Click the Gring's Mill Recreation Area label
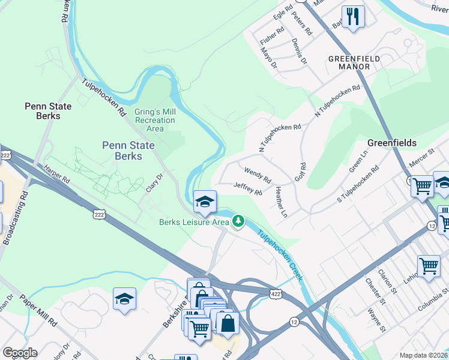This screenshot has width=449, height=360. (x=155, y=120)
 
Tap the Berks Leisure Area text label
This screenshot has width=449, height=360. (x=194, y=222)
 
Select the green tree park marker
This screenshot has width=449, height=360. (x=239, y=222)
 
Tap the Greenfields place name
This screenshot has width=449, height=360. (x=392, y=143)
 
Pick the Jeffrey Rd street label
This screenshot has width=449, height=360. (x=248, y=189)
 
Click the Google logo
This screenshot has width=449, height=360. (x=19, y=353)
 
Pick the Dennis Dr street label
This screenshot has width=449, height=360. (x=299, y=52)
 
